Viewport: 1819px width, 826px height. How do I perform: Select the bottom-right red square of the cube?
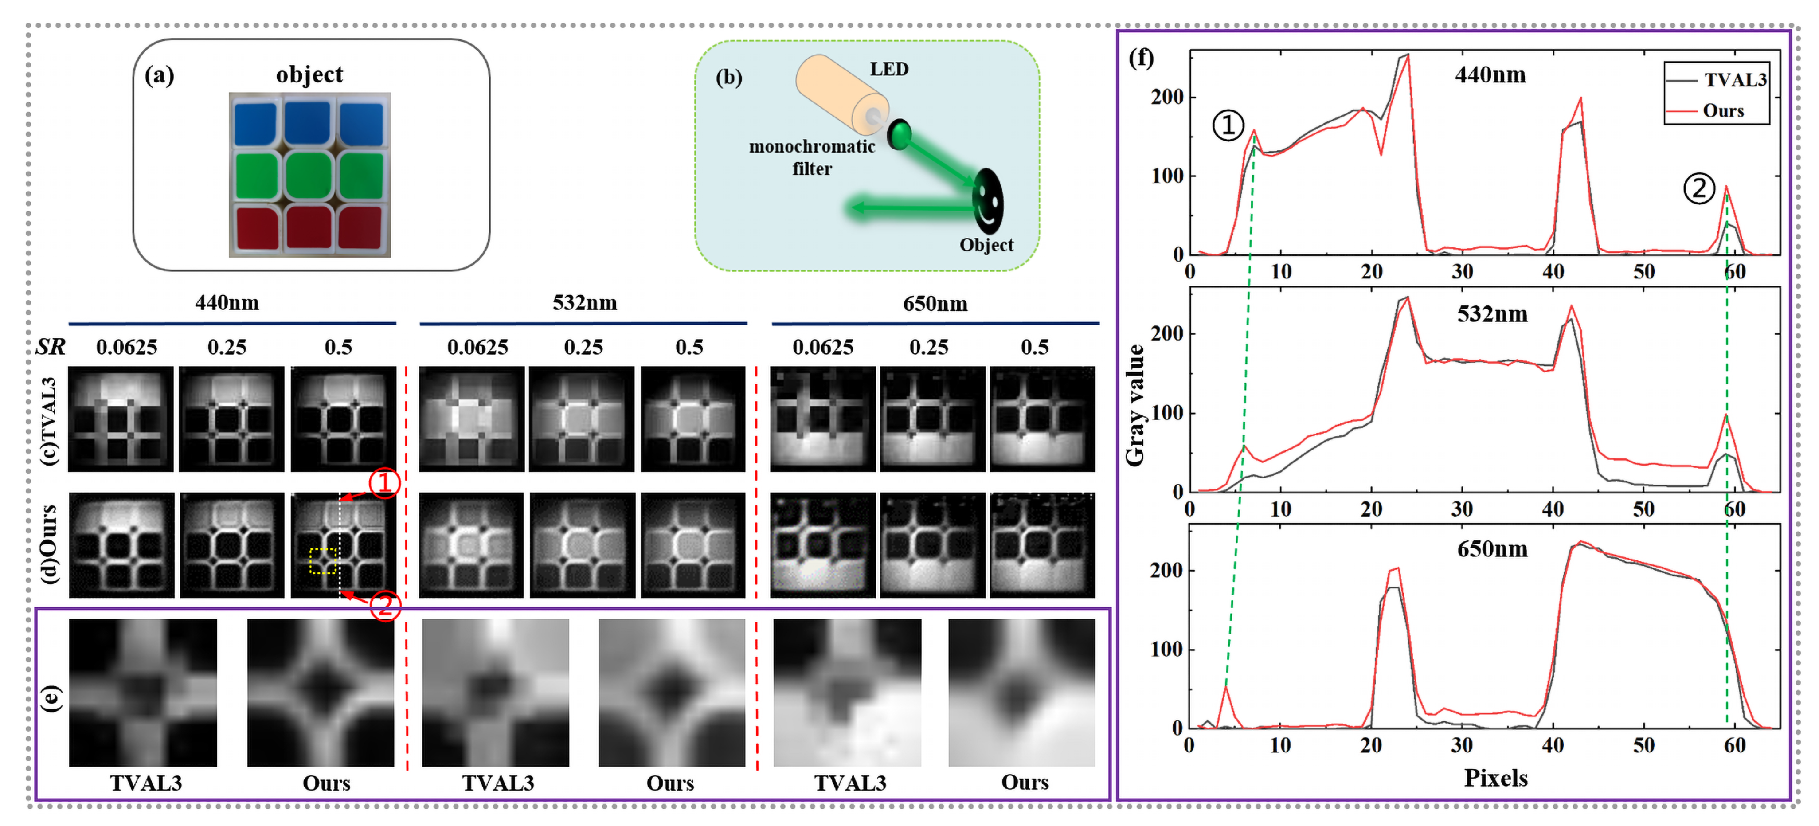[x=360, y=228]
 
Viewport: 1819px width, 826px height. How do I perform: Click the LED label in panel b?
[x=888, y=69]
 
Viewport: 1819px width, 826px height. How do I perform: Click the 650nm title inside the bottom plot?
[x=1492, y=549]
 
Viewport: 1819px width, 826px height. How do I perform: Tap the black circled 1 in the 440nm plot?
[x=1228, y=125]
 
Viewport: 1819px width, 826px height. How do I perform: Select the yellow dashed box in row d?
[x=323, y=560]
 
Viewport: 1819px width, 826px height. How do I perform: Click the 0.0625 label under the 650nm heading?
[x=823, y=347]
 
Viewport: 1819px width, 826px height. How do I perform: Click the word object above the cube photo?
[x=309, y=75]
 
